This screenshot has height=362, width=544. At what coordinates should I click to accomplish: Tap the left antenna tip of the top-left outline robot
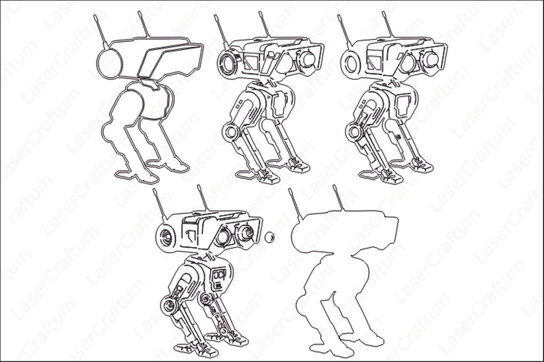95,16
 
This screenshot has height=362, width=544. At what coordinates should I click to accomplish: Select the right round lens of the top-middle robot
307,59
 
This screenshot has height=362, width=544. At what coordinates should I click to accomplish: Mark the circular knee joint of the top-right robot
354,132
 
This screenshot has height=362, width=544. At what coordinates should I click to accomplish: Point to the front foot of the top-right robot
392,177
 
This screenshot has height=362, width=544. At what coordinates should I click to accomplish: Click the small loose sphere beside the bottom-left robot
269,237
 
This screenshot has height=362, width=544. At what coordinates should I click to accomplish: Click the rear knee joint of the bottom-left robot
207,299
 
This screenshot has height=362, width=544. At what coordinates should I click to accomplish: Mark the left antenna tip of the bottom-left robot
154,190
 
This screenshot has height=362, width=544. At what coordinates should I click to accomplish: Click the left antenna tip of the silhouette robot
290,191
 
